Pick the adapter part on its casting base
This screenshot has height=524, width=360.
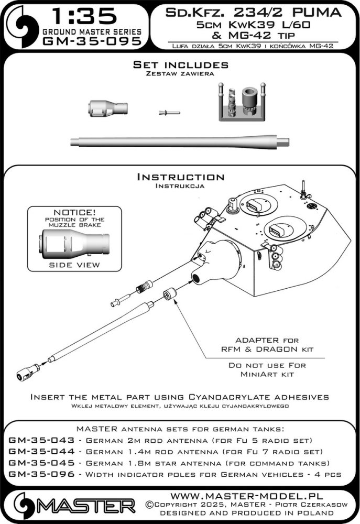click(x=237, y=103)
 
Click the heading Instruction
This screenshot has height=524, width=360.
click(x=180, y=177)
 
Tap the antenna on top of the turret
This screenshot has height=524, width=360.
click(x=304, y=189)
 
